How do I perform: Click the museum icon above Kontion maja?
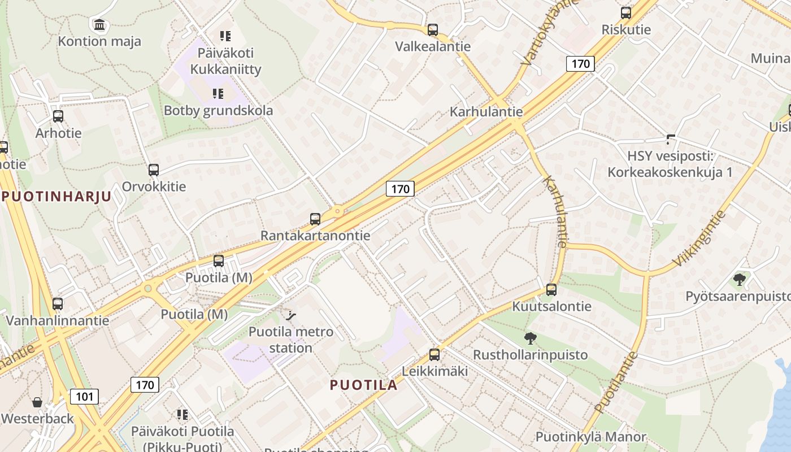tap(100, 24)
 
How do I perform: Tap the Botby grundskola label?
tap(218, 110)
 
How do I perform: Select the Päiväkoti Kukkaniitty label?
tap(225, 61)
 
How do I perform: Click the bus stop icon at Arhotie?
tap(58, 116)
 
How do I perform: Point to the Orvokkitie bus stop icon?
tap(154, 169)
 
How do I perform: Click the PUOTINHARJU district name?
tap(56, 197)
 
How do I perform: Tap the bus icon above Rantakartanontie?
tap(315, 219)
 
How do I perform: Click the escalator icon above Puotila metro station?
tap(292, 315)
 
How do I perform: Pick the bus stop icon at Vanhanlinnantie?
tap(58, 304)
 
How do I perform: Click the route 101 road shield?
tap(84, 397)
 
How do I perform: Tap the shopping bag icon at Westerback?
tap(37, 402)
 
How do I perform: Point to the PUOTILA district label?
tap(363, 385)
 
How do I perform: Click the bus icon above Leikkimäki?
tap(434, 355)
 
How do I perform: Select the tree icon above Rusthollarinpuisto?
tap(530, 338)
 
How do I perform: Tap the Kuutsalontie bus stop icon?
tap(551, 290)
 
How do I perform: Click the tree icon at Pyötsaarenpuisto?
tap(739, 279)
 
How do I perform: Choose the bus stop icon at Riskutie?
tap(626, 12)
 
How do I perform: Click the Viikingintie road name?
tap(699, 239)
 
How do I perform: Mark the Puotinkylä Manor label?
tap(590, 437)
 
